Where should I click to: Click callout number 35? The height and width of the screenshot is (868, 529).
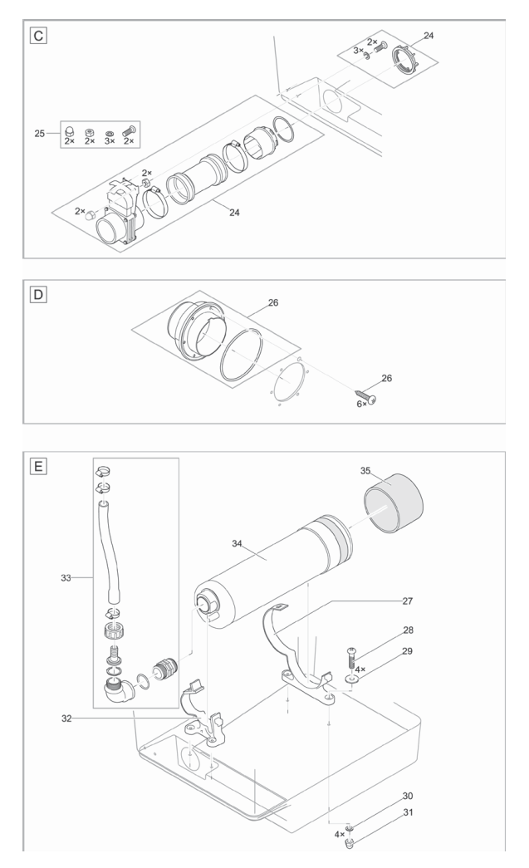pos(365,469)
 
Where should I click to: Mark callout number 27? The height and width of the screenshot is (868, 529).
pos(429,599)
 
